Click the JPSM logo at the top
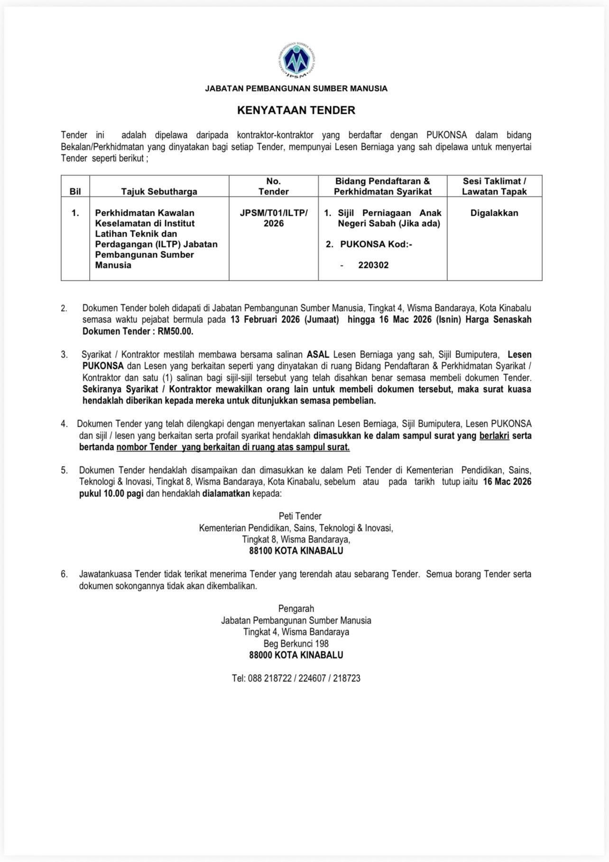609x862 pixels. (x=296, y=61)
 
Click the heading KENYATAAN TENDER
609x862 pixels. (x=296, y=110)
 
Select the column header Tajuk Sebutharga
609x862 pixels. (x=159, y=192)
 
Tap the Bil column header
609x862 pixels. (x=75, y=192)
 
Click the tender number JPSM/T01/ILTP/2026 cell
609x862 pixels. (x=274, y=218)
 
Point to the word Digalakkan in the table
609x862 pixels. (x=494, y=213)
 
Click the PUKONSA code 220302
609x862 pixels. (x=373, y=265)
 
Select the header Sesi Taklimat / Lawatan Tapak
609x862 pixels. (x=494, y=186)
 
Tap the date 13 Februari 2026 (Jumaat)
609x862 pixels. (x=285, y=320)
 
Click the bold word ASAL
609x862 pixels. (x=318, y=355)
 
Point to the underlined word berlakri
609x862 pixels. (x=494, y=435)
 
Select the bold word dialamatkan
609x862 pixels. (x=226, y=494)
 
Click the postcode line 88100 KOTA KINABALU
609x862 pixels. (x=296, y=551)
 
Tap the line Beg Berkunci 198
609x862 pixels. (x=296, y=643)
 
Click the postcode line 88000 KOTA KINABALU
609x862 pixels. (x=296, y=655)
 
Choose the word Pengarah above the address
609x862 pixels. (x=296, y=609)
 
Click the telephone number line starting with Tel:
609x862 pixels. (x=296, y=679)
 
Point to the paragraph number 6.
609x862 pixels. (x=64, y=574)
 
